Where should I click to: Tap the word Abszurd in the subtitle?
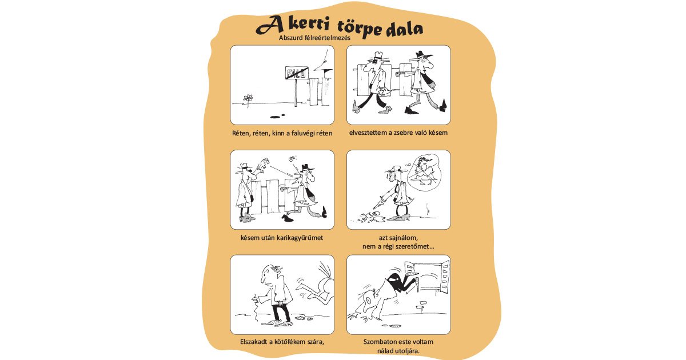click(x=290, y=38)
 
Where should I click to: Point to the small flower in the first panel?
click(x=248, y=98)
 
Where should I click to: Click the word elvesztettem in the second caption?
click(x=369, y=133)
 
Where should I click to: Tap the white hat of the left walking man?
click(x=376, y=56)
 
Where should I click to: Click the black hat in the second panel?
click(x=422, y=55)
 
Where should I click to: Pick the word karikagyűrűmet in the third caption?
click(x=301, y=237)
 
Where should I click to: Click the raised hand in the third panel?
click(x=265, y=164)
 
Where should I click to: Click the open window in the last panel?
click(x=427, y=277)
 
